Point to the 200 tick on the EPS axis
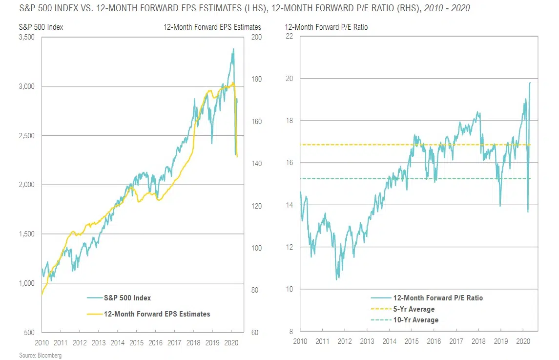click(255, 37)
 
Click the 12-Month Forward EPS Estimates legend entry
click(157, 314)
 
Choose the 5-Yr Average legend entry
click(413, 309)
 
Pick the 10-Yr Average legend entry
click(415, 320)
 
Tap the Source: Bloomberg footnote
click(41, 356)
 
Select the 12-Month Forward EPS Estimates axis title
click(212, 27)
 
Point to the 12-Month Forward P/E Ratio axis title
click(327, 27)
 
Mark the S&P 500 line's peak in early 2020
click(233, 48)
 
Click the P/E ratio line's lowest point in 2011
click(336, 280)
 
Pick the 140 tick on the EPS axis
click(255, 164)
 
